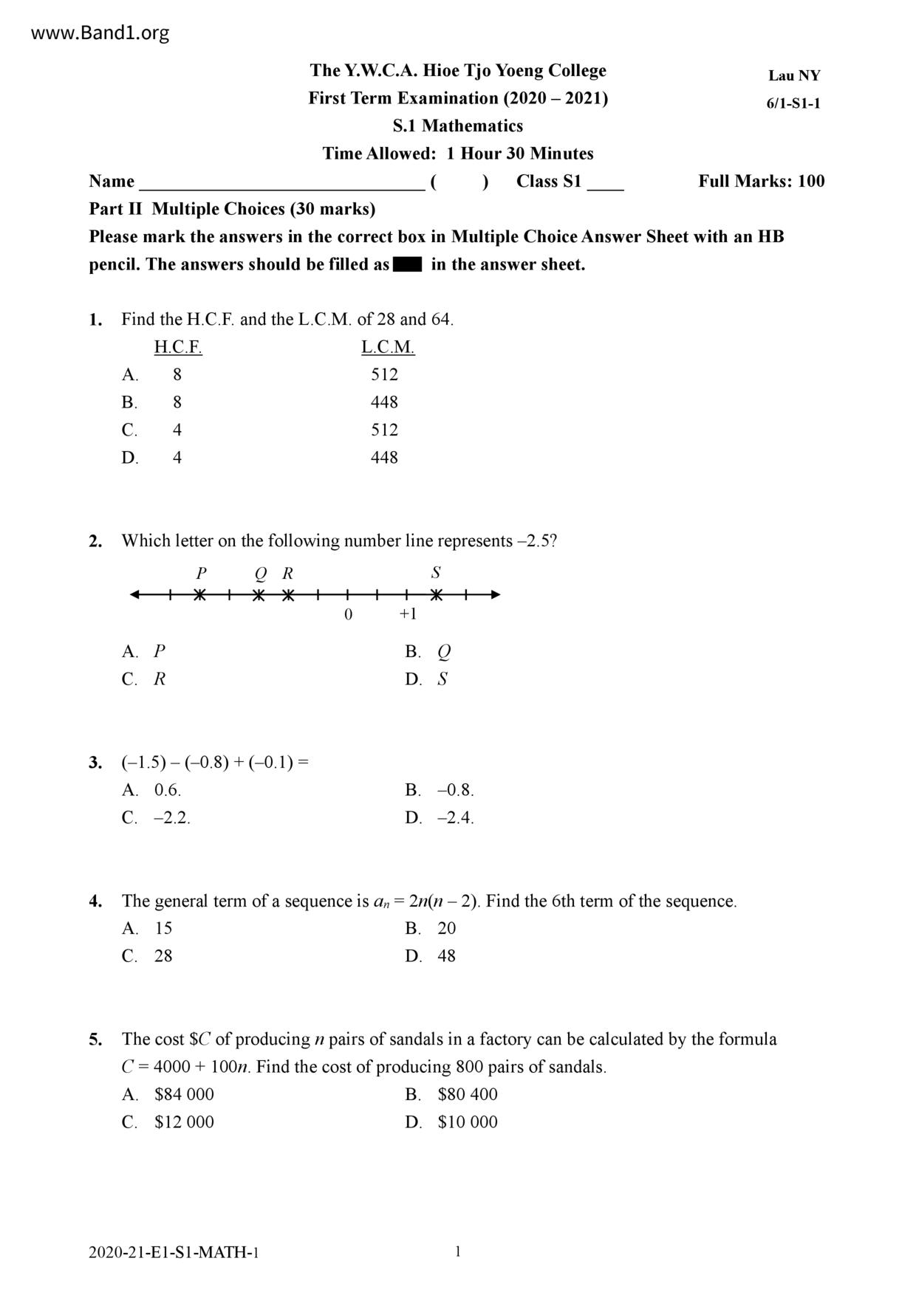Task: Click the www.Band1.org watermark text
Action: point(100,33)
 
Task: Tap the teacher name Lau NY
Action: point(794,75)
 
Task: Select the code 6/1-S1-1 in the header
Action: point(793,103)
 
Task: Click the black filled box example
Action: point(408,264)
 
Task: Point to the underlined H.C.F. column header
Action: point(178,347)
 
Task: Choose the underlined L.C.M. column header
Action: point(388,347)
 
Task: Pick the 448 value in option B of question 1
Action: point(384,402)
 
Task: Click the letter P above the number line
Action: point(201,573)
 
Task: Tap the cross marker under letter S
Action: point(437,595)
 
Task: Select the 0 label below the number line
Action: point(348,614)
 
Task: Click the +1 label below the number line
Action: point(408,614)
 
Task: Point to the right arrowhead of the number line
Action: point(496,595)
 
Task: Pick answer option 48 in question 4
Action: point(446,956)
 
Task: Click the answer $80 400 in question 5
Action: point(468,1094)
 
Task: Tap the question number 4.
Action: point(95,901)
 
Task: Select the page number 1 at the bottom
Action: point(458,1251)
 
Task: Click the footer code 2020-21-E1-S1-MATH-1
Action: point(174,1252)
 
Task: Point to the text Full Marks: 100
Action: point(761,182)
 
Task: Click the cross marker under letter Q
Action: point(259,595)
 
